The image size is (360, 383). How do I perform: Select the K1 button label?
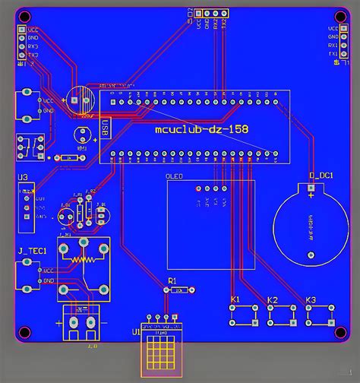coord(235,300)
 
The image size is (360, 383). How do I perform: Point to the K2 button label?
coord(273,300)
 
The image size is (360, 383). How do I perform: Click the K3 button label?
coord(310,300)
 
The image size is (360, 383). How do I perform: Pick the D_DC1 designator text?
coord(321,176)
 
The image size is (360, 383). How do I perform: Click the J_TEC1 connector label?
coord(32,251)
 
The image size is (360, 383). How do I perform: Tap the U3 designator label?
coord(23,178)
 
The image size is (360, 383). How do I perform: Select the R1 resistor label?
coord(172,280)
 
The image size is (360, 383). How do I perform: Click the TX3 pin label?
coord(33,55)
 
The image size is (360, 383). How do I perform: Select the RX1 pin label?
coord(332,46)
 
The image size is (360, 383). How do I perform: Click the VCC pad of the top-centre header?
coord(198,13)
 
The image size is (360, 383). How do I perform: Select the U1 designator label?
coord(136,332)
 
